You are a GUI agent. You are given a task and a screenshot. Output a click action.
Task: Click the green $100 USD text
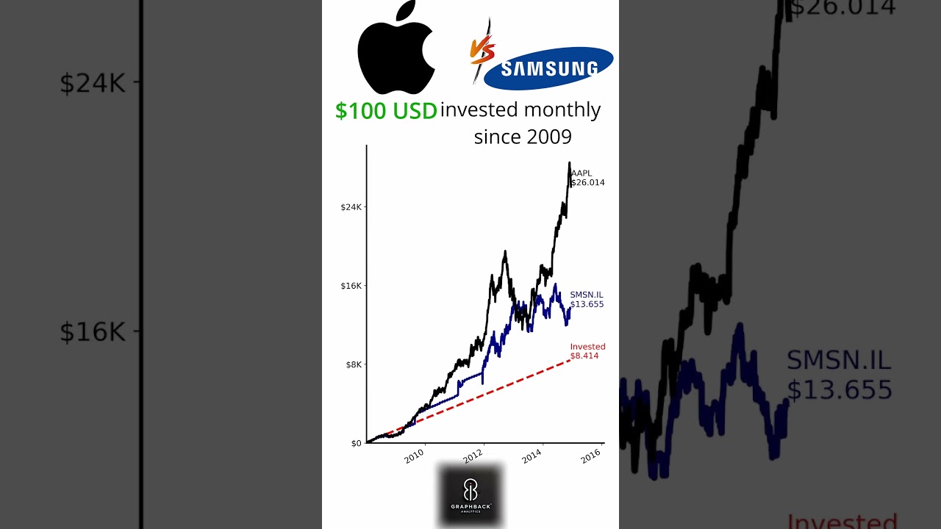point(386,111)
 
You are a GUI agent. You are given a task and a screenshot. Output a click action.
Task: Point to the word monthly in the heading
point(563,110)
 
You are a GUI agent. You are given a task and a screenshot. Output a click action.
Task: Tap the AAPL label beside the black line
point(582,173)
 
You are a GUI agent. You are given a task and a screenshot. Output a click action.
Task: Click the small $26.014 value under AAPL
point(587,183)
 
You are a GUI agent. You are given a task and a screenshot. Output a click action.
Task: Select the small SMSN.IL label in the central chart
point(587,295)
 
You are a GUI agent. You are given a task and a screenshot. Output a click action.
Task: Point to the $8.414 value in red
point(584,356)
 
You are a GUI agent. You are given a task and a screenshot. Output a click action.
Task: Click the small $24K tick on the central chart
point(351,207)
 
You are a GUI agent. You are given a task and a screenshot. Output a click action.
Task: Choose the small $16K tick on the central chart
point(351,286)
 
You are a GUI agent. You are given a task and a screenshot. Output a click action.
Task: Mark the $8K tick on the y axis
point(354,364)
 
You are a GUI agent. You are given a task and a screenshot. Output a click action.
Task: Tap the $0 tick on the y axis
point(357,443)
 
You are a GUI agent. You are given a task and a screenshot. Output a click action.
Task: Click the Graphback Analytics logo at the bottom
point(470,495)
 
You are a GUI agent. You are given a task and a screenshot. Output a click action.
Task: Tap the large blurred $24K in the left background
point(93,83)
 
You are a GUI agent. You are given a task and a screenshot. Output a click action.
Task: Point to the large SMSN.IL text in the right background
point(839,361)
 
